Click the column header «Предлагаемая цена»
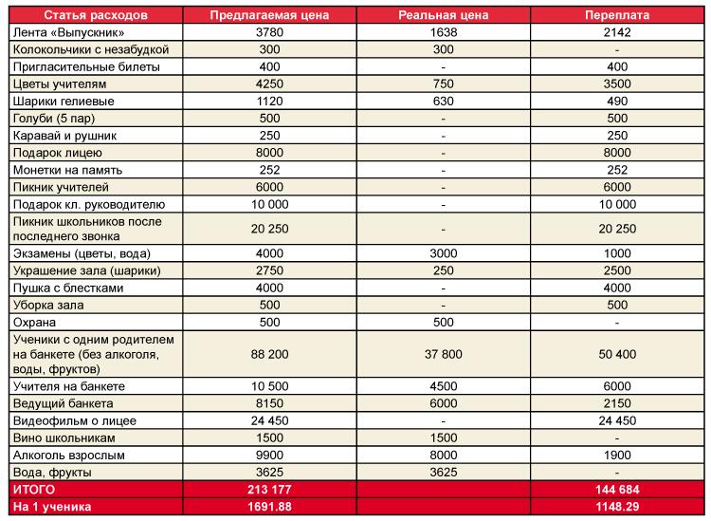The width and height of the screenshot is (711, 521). (269, 15)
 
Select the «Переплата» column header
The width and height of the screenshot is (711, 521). (617, 15)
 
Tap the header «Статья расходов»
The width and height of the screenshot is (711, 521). (96, 15)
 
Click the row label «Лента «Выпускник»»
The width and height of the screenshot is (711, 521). (68, 32)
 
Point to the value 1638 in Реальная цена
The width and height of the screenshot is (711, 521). (443, 32)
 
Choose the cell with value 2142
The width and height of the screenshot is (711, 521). (617, 32)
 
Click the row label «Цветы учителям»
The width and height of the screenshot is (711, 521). (60, 84)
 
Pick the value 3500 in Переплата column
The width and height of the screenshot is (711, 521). (617, 84)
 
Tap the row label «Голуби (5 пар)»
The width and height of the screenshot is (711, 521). (54, 119)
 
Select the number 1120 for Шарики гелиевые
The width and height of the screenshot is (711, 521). (269, 102)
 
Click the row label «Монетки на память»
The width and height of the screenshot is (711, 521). (67, 170)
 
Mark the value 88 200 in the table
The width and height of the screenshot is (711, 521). (269, 354)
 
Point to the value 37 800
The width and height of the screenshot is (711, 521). (443, 354)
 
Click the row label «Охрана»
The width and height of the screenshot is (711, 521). (34, 323)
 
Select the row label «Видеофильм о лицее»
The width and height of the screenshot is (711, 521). (75, 420)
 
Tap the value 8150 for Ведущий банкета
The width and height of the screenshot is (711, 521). (269, 403)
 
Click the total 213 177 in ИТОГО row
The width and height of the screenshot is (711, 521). (269, 490)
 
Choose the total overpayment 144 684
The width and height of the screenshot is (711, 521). (617, 490)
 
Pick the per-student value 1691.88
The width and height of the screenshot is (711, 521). (269, 507)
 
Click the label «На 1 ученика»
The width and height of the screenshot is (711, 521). (52, 507)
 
